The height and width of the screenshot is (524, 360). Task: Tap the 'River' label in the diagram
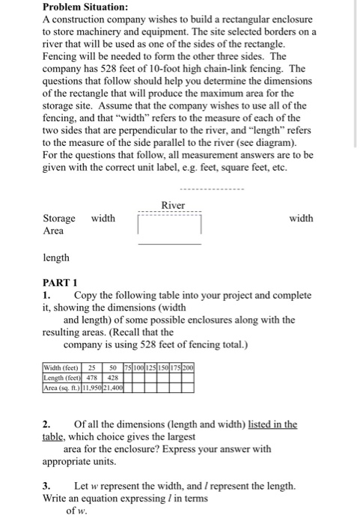tap(173, 205)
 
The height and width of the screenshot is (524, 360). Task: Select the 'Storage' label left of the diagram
tap(59, 219)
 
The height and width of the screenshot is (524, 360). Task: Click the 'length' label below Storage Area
tap(57, 258)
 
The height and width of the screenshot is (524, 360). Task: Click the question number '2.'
tap(46, 424)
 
